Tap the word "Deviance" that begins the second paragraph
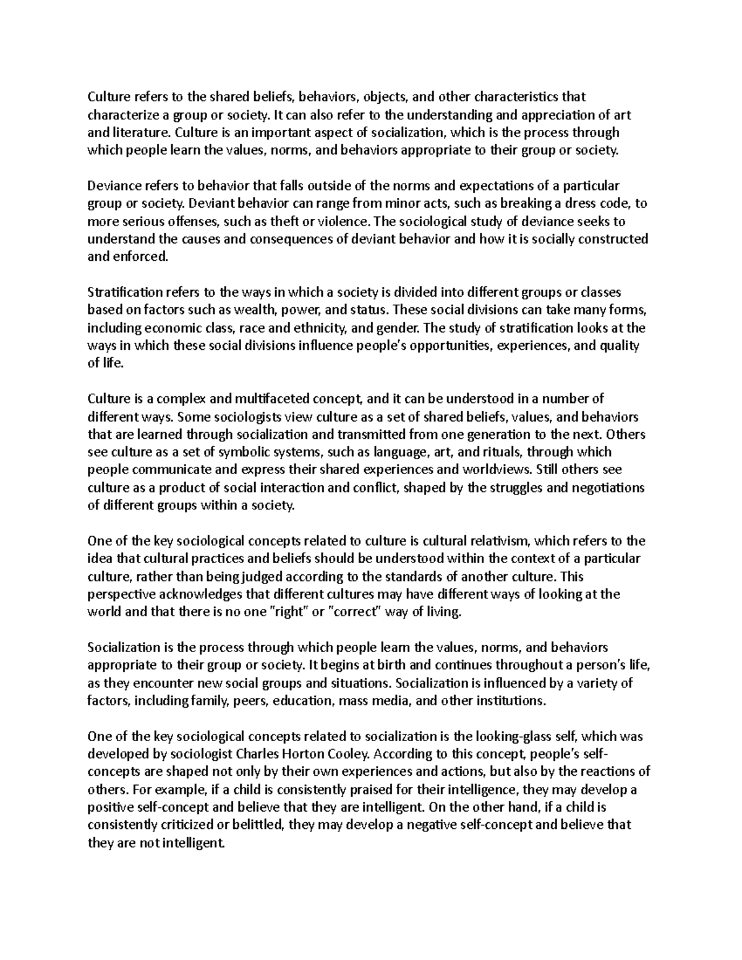point(112,185)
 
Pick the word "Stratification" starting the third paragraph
point(124,292)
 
